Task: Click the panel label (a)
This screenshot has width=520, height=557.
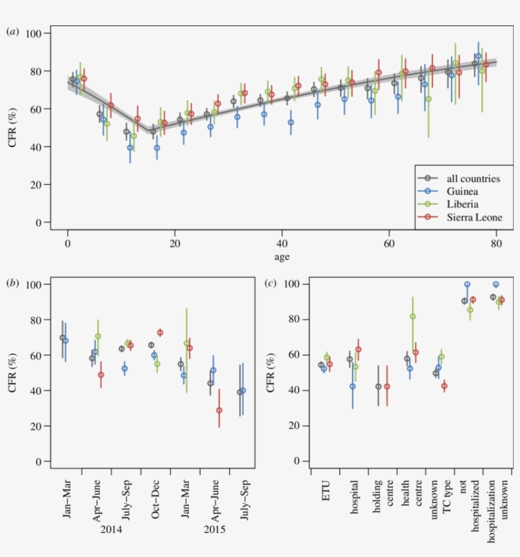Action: tap(12, 31)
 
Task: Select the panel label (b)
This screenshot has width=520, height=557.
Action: tap(12, 283)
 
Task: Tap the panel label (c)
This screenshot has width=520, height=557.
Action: tap(271, 283)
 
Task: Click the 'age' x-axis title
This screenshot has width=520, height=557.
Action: tap(282, 257)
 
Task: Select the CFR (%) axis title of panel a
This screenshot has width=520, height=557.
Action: tap(14, 128)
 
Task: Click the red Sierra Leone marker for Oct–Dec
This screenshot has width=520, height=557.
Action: tap(160, 332)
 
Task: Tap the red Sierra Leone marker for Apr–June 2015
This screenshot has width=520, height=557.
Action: tap(219, 410)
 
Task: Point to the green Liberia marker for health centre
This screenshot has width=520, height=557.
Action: tap(413, 317)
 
